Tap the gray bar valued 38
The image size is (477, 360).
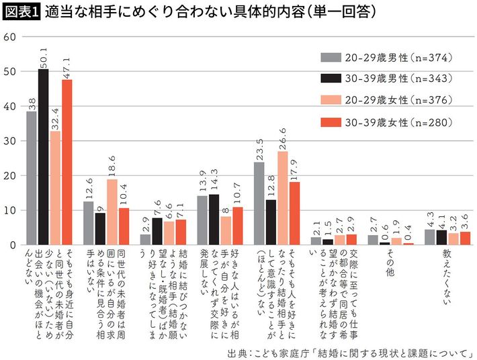point(32,178)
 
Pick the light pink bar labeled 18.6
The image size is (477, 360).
point(112,212)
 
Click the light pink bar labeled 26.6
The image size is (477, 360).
point(283,198)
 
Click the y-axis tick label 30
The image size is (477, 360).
point(9,140)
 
